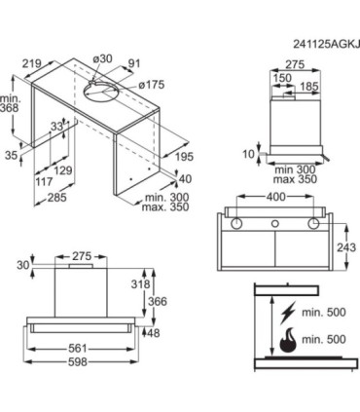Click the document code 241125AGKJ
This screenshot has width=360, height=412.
pyautogui.click(x=326, y=44)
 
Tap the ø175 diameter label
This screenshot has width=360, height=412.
pyautogui.click(x=152, y=85)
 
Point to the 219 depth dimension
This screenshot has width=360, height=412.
pyautogui.click(x=31, y=63)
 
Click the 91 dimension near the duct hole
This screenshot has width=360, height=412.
pyautogui.click(x=134, y=63)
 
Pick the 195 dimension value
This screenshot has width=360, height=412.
pyautogui.click(x=184, y=157)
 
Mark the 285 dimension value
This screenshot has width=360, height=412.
pyautogui.click(x=57, y=197)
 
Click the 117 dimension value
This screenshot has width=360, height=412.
pyautogui.click(x=44, y=181)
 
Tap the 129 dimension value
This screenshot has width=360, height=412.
pyautogui.click(x=63, y=170)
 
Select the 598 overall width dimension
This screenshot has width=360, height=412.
pyautogui.click(x=78, y=361)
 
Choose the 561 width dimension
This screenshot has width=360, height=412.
pyautogui.click(x=78, y=349)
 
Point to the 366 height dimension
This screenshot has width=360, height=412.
pyautogui.click(x=158, y=301)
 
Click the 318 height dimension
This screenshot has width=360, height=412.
pyautogui.click(x=140, y=284)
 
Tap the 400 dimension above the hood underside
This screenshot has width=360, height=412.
pyautogui.click(x=275, y=197)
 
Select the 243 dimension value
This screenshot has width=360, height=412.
pyautogui.click(x=346, y=247)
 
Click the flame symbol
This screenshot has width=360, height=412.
pyautogui.click(x=288, y=340)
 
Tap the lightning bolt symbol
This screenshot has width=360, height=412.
pyautogui.click(x=288, y=313)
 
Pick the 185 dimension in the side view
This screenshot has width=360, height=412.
pyautogui.click(x=309, y=87)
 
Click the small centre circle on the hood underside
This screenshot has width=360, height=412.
pyautogui.click(x=275, y=223)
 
